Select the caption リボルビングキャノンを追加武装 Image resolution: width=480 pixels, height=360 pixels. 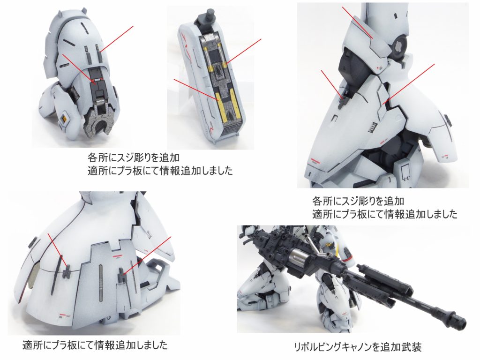pyautogui.click(x=357, y=347)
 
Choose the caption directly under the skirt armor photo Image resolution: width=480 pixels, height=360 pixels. pyautogui.click(x=95, y=345)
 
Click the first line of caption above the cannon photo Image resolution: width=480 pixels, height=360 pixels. pyautogui.click(x=358, y=201)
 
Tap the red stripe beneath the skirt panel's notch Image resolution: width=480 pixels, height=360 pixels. pyautogui.click(x=117, y=255)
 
